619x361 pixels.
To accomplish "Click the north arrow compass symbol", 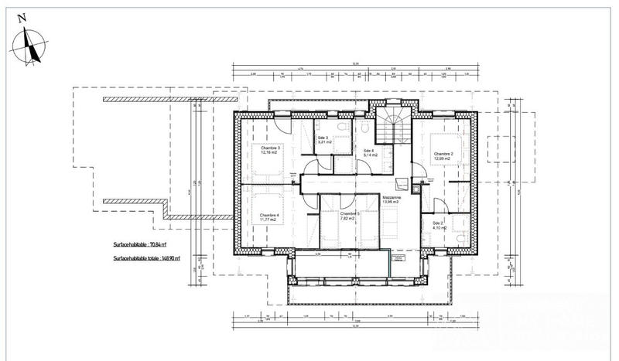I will tap(32, 45).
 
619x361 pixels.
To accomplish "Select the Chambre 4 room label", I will tap(269, 215).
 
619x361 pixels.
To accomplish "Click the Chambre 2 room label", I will tap(443, 154).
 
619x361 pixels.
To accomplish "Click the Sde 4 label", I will tap(369, 150).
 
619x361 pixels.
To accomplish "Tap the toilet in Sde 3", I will tap(340, 125).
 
